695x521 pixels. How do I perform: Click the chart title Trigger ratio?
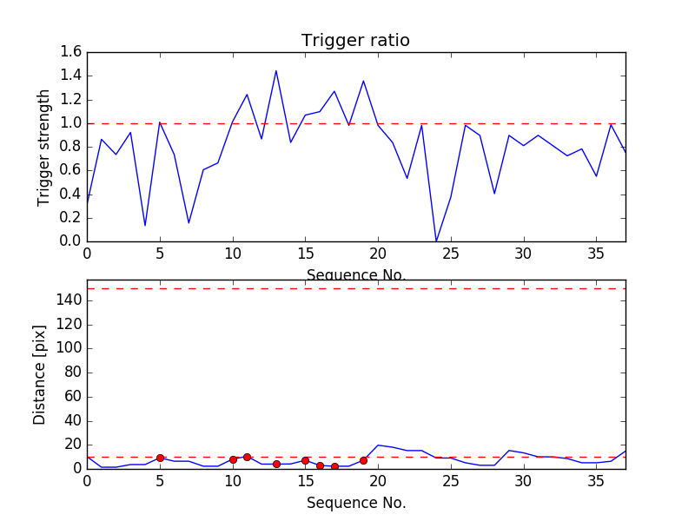tap(355, 41)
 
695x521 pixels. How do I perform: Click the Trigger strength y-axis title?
tap(44, 147)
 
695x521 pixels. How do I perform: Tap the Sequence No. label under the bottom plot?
tap(355, 503)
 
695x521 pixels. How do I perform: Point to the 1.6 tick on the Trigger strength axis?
tap(70, 52)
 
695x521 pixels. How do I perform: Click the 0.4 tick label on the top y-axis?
tap(70, 194)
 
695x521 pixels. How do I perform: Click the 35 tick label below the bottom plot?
tap(596, 483)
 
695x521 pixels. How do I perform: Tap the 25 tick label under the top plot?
tap(451, 255)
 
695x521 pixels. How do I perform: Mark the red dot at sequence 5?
tap(160, 458)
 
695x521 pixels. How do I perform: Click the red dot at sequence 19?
tap(363, 460)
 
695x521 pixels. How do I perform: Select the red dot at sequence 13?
tap(276, 464)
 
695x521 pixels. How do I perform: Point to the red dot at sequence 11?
tap(247, 457)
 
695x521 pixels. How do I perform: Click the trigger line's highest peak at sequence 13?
tap(276, 71)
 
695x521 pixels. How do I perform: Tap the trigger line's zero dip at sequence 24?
tap(436, 241)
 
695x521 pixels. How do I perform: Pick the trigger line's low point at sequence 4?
tap(145, 225)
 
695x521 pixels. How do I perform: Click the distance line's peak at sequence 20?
tap(378, 445)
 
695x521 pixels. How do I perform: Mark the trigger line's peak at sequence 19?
tap(363, 82)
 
